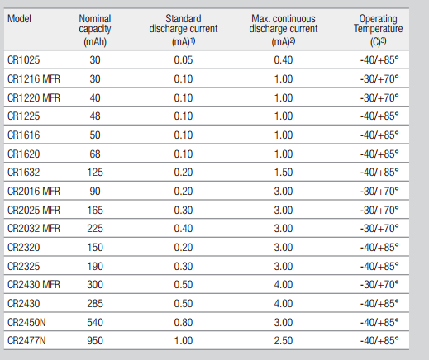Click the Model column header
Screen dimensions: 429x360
pos(19,19)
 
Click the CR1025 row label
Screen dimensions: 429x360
pos(24,60)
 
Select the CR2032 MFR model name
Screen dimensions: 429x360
pos(34,229)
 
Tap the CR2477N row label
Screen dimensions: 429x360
pos(26,341)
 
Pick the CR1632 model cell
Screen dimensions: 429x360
pos(24,173)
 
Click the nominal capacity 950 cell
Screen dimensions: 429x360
pos(95,341)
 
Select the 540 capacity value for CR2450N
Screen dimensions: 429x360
pos(95,322)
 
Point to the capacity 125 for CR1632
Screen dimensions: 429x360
pos(95,173)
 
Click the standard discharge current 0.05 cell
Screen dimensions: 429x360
pos(184,60)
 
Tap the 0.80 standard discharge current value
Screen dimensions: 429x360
pos(184,322)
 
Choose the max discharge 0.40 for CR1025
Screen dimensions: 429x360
pos(284,60)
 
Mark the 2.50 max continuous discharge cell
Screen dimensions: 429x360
pos(284,341)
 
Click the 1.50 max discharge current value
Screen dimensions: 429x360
pos(284,173)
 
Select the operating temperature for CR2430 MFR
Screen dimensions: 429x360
pos(379,284)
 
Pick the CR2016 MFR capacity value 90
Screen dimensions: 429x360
pos(95,191)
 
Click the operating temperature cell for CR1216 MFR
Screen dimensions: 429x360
pos(379,79)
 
